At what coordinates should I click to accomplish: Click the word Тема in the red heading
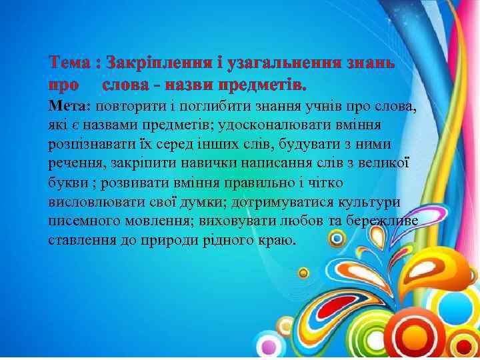coord(70,63)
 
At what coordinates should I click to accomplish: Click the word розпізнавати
coord(91,145)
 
